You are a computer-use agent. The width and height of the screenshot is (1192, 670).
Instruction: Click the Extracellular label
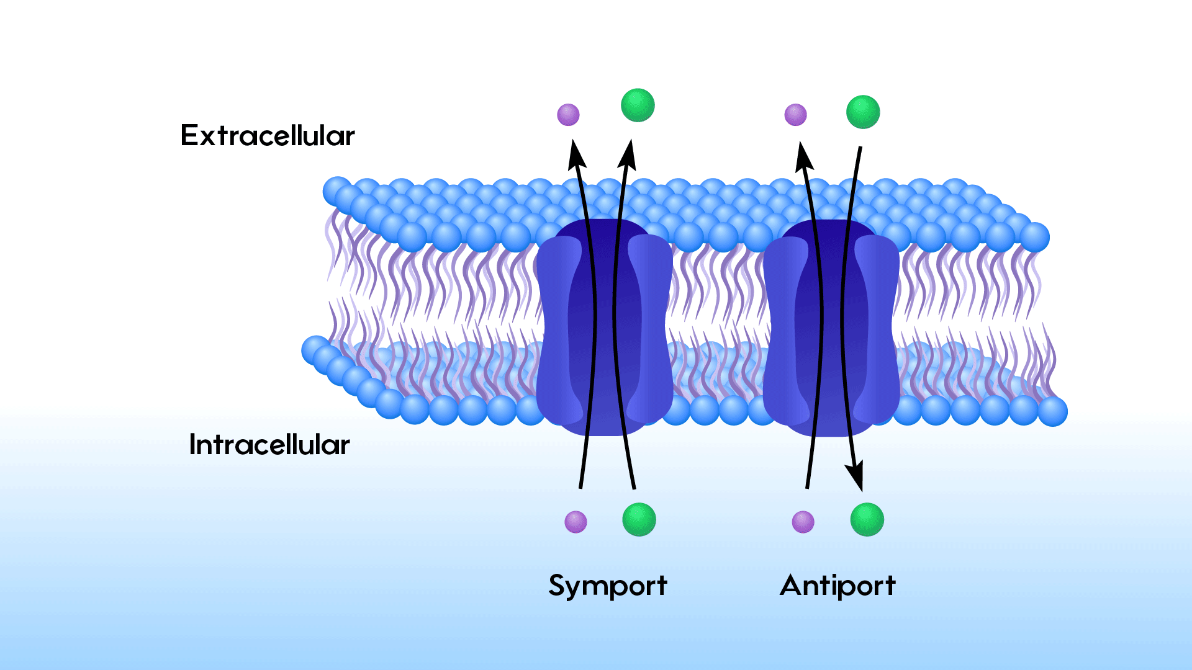(268, 135)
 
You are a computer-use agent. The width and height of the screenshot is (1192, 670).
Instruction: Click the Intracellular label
(269, 445)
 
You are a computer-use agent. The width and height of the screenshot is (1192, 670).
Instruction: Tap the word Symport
(607, 586)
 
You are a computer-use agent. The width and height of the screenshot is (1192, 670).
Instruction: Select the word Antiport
(838, 585)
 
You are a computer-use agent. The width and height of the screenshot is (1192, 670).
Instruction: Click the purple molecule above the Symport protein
(568, 115)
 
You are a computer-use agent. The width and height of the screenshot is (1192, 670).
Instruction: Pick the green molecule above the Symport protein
(638, 105)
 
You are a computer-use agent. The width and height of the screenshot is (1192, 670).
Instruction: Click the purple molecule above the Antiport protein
(795, 115)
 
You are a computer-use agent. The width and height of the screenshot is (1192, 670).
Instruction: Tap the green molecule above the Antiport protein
(863, 112)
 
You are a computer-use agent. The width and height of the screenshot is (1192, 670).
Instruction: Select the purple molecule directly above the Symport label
(576, 522)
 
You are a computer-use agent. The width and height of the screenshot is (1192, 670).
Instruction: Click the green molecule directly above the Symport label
(639, 519)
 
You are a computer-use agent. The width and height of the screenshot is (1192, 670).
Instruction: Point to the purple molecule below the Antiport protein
(803, 522)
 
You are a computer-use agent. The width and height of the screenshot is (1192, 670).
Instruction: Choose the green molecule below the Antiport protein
(867, 519)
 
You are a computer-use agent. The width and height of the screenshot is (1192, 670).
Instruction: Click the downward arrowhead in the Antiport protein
(856, 478)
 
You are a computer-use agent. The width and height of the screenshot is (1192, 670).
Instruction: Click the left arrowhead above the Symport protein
(577, 154)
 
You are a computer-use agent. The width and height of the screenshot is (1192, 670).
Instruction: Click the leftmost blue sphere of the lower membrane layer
(315, 350)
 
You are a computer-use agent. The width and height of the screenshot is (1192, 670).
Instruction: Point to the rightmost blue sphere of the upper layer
(1034, 237)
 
